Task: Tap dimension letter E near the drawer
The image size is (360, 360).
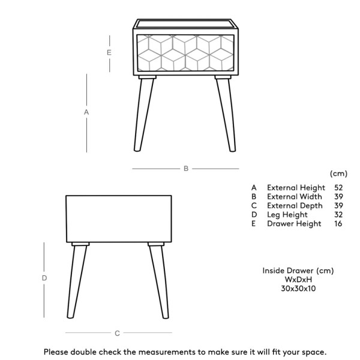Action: pyautogui.click(x=109, y=53)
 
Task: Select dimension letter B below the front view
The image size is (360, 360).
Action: pyautogui.click(x=186, y=169)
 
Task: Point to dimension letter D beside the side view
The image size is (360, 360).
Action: pyautogui.click(x=44, y=279)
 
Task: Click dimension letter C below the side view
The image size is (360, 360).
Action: pyautogui.click(x=117, y=333)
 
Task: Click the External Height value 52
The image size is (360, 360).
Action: pyautogui.click(x=338, y=188)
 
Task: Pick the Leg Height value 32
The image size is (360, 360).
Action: pyautogui.click(x=338, y=215)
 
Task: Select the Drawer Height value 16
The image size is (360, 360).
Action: pyautogui.click(x=338, y=224)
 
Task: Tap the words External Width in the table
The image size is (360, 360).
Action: pyautogui.click(x=294, y=197)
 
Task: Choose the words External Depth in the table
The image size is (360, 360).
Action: pyautogui.click(x=295, y=206)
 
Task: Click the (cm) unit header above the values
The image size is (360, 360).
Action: pyautogui.click(x=338, y=173)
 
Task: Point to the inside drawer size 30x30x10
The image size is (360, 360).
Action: pyautogui.click(x=298, y=289)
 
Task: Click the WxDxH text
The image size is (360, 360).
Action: pyautogui.click(x=298, y=280)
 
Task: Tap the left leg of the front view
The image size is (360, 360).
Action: pyautogui.click(x=141, y=115)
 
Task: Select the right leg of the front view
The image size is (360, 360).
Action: pyautogui.click(x=225, y=115)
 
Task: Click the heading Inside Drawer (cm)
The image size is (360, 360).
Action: pyautogui.click(x=298, y=271)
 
